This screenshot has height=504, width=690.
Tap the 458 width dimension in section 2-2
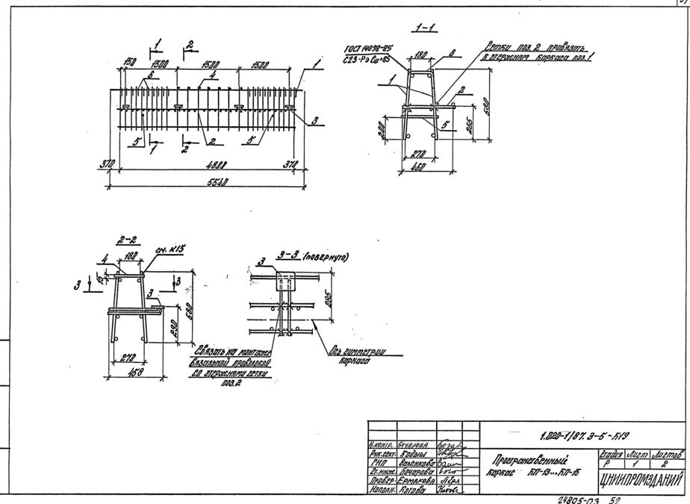134,371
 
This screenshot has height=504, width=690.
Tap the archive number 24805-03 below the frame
579,498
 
